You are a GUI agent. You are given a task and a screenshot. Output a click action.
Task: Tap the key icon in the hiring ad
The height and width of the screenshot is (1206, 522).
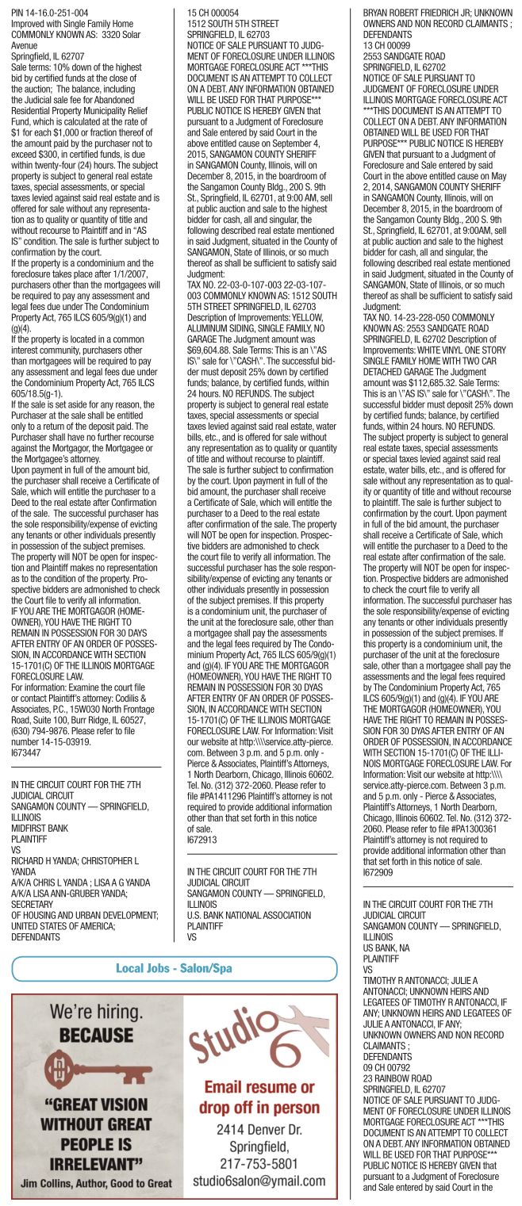[x=98, y=1068]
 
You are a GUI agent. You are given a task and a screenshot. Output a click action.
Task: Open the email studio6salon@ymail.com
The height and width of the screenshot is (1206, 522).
[x=259, y=1181]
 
